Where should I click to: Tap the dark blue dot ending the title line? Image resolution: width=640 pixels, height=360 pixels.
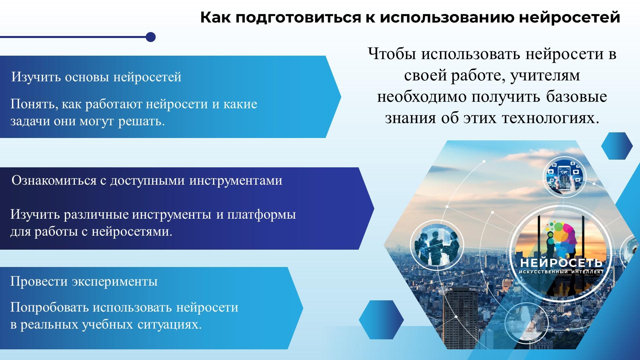point(151,37)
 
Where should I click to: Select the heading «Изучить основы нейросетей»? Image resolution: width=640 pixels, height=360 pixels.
point(96,77)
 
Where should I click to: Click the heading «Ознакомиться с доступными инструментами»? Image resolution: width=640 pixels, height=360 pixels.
point(147,181)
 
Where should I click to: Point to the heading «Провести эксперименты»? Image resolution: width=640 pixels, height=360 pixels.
point(84,281)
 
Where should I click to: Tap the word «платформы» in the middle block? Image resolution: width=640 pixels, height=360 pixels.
point(262,215)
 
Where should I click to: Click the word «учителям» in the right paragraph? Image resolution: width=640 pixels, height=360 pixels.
point(545,76)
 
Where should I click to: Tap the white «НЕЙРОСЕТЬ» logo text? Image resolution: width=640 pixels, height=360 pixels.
point(561,263)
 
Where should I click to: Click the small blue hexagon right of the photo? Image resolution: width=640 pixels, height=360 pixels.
point(617,146)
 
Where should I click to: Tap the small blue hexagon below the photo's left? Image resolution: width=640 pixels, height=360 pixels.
point(381,319)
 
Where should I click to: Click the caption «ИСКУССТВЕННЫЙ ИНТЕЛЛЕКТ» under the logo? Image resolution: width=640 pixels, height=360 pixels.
point(561,272)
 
